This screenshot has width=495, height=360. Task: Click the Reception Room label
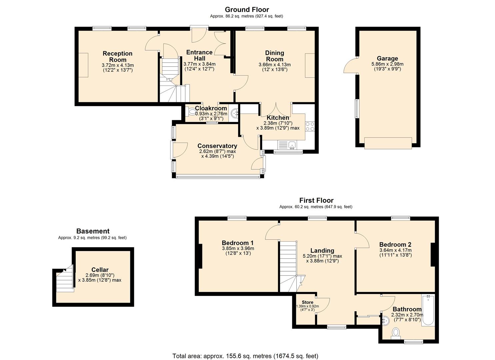pyautogui.click(x=117, y=57)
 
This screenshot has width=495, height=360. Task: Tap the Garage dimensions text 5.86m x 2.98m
pyautogui.click(x=387, y=64)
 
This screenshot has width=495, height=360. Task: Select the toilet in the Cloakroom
pyautogui.click(x=192, y=112)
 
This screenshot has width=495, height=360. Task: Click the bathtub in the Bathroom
pyautogui.click(x=428, y=310)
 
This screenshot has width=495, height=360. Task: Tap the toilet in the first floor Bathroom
pyautogui.click(x=396, y=332)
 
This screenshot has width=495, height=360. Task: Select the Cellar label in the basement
pyautogui.click(x=100, y=270)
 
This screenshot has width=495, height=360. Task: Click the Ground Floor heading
pyautogui.click(x=247, y=9)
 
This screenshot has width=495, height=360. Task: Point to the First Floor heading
pyautogui.click(x=316, y=200)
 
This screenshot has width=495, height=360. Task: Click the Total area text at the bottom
pyautogui.click(x=245, y=356)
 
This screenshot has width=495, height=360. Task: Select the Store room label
pyautogui.click(x=307, y=302)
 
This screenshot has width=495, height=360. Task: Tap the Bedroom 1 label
pyautogui.click(x=238, y=243)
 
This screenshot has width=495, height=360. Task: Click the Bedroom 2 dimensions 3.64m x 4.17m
pyautogui.click(x=395, y=250)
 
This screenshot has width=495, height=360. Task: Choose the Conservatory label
pyautogui.click(x=217, y=146)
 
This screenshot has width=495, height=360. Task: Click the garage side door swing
pyautogui.click(x=350, y=66)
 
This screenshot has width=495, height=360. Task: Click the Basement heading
pyautogui.click(x=93, y=231)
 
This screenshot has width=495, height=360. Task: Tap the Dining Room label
pyautogui.click(x=274, y=56)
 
